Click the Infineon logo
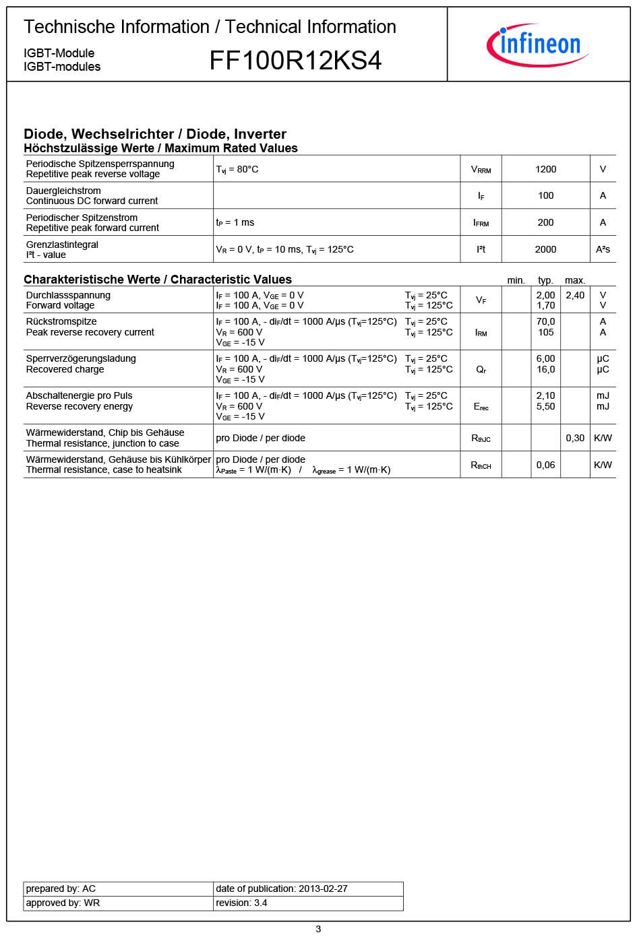pos(537,44)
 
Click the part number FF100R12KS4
pos(295,61)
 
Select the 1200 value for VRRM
pos(545,169)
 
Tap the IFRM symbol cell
pos(481,222)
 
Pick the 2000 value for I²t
pos(545,249)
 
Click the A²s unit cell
pos(603,249)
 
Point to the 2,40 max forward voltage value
pos(575,295)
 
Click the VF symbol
pos(481,300)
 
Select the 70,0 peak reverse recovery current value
pos(545,321)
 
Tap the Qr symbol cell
pos(481,370)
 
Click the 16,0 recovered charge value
pos(545,369)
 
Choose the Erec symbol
pos(481,407)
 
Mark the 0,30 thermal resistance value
pos(575,438)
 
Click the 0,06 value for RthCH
pos(545,465)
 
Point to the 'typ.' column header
pos(545,280)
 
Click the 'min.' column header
pos(516,280)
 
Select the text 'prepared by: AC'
pos(61,888)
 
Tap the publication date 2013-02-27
pos(322,888)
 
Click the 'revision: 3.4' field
pos(241,903)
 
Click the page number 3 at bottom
pos(318,929)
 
